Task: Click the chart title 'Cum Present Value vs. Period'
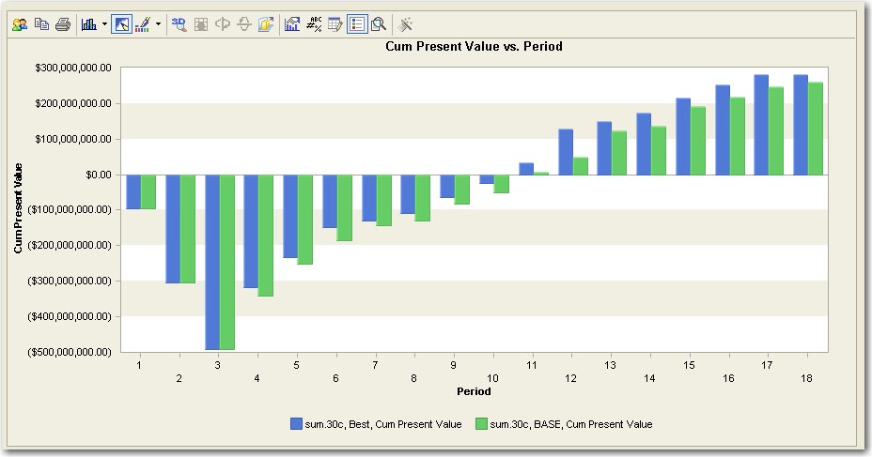pos(474,46)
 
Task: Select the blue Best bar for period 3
pos(212,262)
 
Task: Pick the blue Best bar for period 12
pos(566,152)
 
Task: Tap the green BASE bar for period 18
pos(816,129)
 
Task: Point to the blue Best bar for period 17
pos(761,125)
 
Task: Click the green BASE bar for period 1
pos(148,191)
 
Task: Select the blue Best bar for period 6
pos(330,201)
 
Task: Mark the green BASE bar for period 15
pos(698,141)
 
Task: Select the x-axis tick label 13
pos(610,364)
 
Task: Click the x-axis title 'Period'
pos(474,391)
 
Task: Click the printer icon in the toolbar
pos(62,24)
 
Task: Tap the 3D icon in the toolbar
pos(179,24)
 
